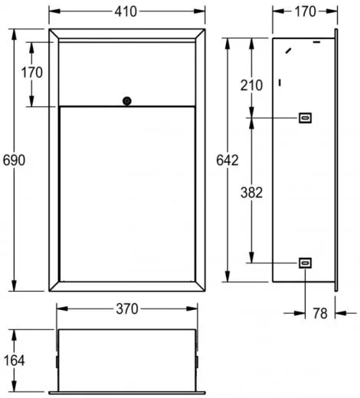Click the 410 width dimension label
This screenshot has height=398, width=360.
click(126, 11)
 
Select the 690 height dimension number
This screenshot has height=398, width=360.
click(14, 160)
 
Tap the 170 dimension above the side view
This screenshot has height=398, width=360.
click(306, 11)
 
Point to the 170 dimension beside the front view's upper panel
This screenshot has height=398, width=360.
click(32, 73)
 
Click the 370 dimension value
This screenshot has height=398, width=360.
click(127, 308)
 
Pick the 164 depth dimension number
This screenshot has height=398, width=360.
click(15, 360)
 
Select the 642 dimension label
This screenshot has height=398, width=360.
click(227, 160)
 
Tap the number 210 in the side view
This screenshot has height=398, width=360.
click(251, 85)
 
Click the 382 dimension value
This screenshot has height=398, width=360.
click(251, 192)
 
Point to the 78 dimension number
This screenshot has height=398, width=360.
click(320, 313)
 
